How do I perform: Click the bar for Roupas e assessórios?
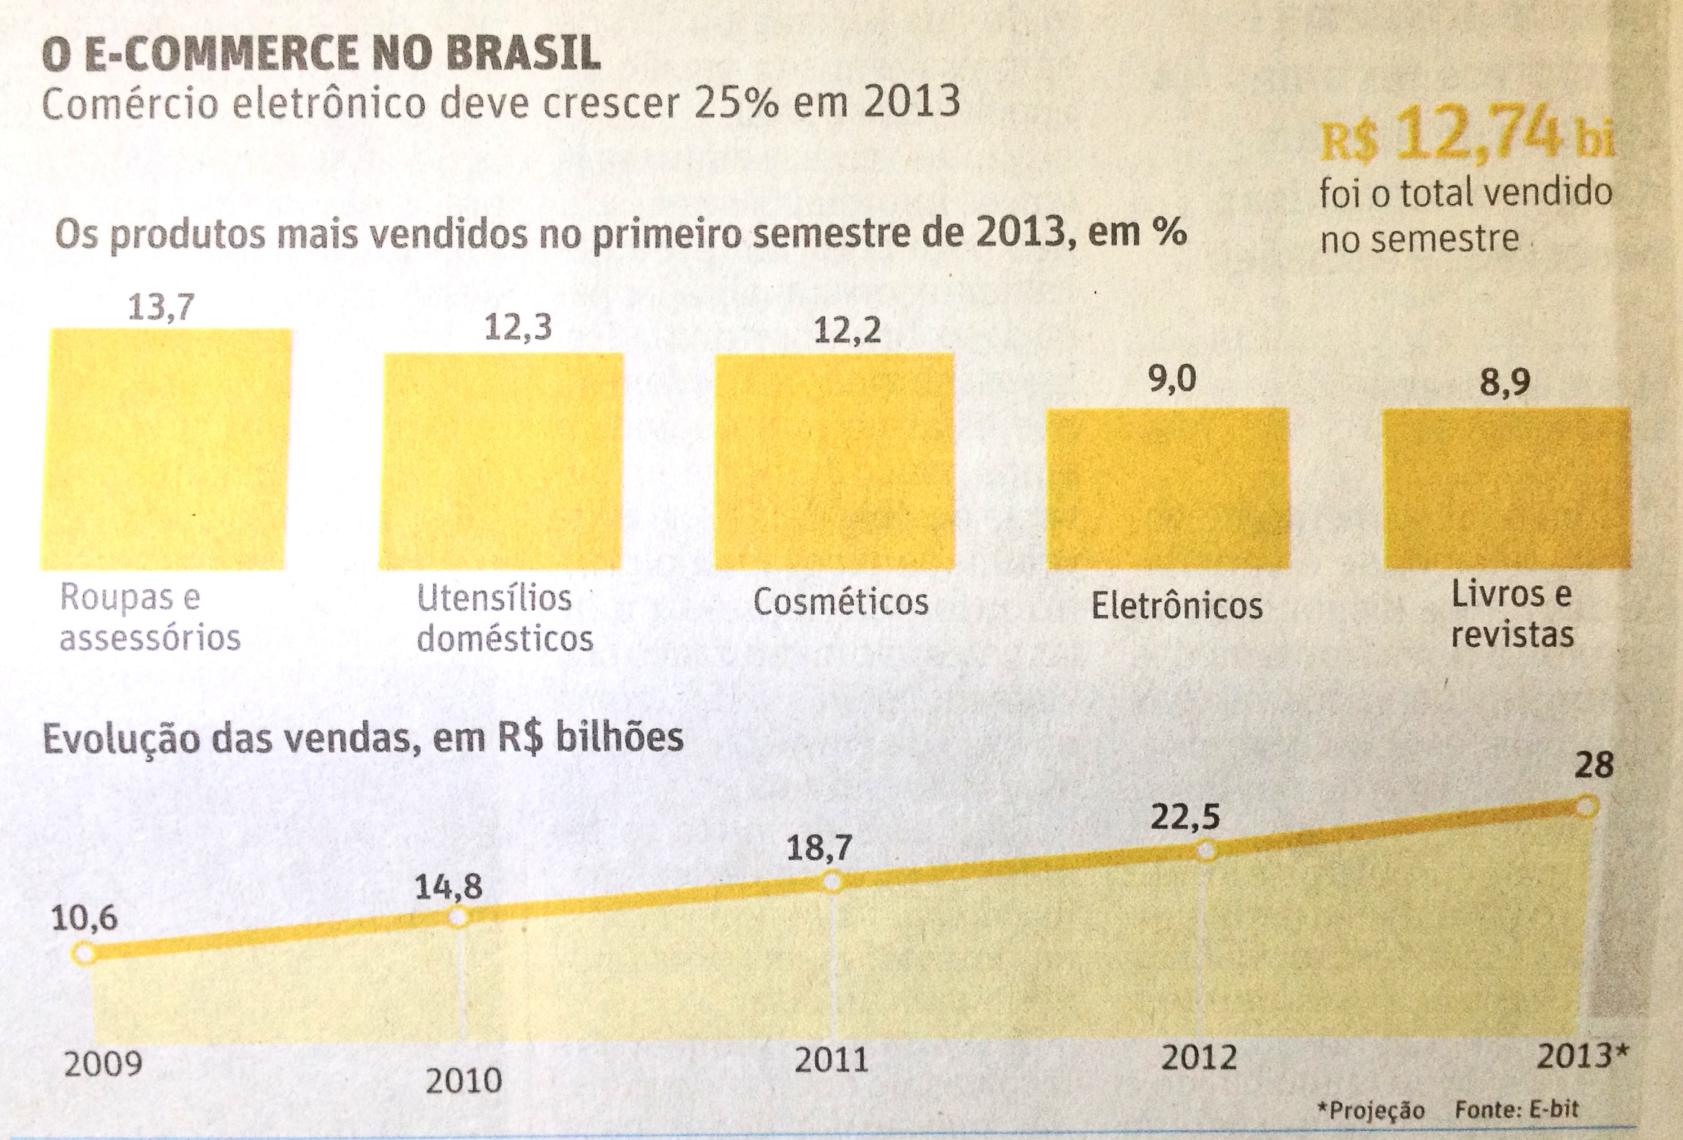(x=165, y=449)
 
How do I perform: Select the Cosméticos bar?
(x=833, y=462)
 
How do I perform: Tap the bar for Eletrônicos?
(x=1167, y=488)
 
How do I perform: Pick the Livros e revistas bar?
(x=1506, y=488)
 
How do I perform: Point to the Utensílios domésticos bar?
(x=501, y=462)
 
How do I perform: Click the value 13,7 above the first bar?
(x=161, y=308)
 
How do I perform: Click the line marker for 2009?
(x=84, y=953)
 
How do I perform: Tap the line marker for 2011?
(x=832, y=881)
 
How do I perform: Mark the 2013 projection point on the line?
(x=1586, y=806)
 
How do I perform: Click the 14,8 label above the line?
(x=448, y=887)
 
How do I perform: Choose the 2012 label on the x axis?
(x=1199, y=1058)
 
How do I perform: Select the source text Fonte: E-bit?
(x=1516, y=1109)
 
